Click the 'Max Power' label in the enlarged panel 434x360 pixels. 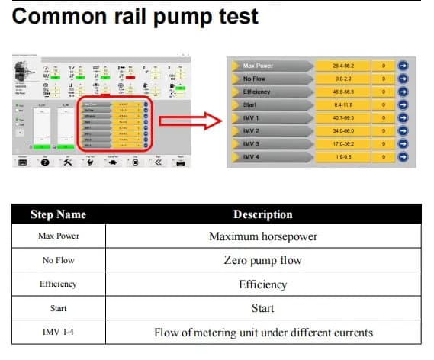point(258,66)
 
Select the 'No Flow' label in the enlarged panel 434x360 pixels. point(255,79)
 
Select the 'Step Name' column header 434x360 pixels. point(58,214)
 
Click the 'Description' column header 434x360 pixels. point(262,214)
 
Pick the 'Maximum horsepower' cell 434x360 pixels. point(262,236)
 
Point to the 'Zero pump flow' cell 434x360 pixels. point(262,260)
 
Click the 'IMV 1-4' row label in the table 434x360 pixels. point(58,332)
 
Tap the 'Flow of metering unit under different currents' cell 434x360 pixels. point(262,332)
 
